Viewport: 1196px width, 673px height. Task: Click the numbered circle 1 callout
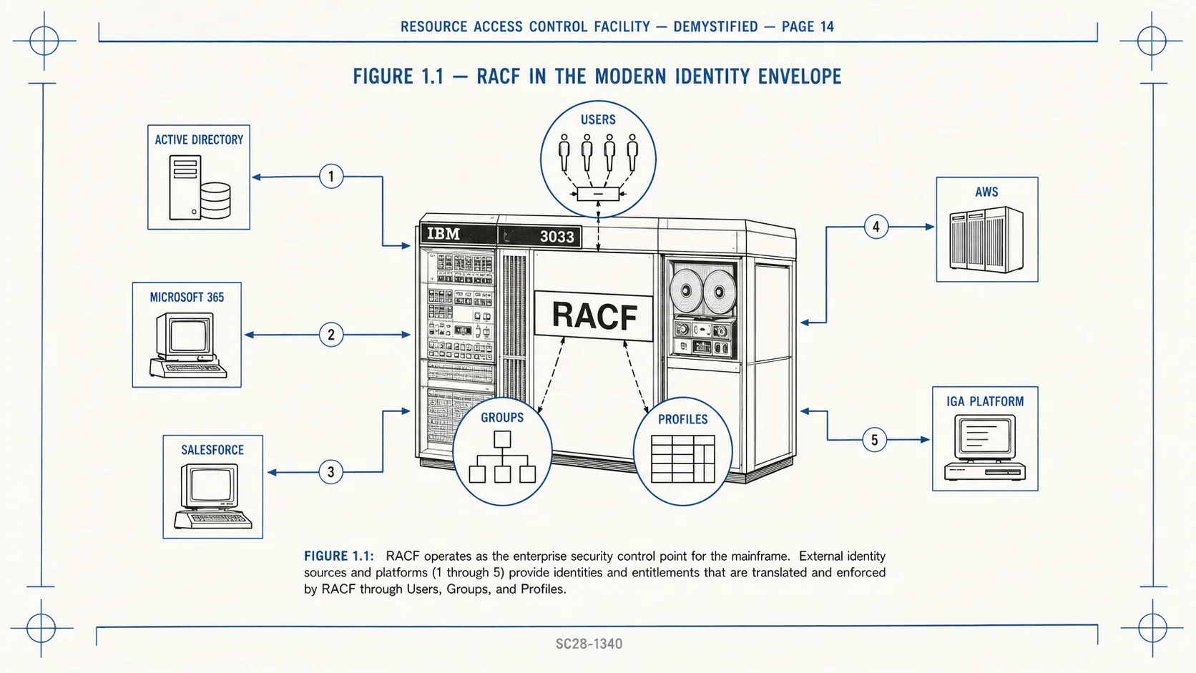pos(331,177)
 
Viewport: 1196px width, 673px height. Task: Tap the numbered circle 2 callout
pos(331,335)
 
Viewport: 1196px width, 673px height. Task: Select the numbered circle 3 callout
pos(330,472)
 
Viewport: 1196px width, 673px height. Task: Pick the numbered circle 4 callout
pos(876,227)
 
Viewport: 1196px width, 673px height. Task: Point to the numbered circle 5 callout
pos(875,440)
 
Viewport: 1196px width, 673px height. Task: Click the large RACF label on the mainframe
pos(594,316)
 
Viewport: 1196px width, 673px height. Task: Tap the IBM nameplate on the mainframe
pos(443,235)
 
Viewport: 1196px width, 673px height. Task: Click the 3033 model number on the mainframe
pos(557,237)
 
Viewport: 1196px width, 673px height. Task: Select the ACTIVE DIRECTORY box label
pos(199,140)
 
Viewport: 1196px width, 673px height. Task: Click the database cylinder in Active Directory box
pos(216,201)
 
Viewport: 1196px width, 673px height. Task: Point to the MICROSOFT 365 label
pos(187,298)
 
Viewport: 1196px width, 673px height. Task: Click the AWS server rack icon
pos(986,239)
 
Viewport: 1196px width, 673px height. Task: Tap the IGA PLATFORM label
pos(985,401)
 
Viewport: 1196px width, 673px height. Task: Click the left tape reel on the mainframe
pos(686,290)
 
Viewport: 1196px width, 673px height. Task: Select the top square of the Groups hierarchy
pos(502,439)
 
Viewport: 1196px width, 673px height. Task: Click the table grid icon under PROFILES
pos(683,459)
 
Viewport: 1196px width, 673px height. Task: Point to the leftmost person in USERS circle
pos(564,152)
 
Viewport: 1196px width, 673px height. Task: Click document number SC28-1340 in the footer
pos(589,644)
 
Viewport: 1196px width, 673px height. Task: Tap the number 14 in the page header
pos(827,26)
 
